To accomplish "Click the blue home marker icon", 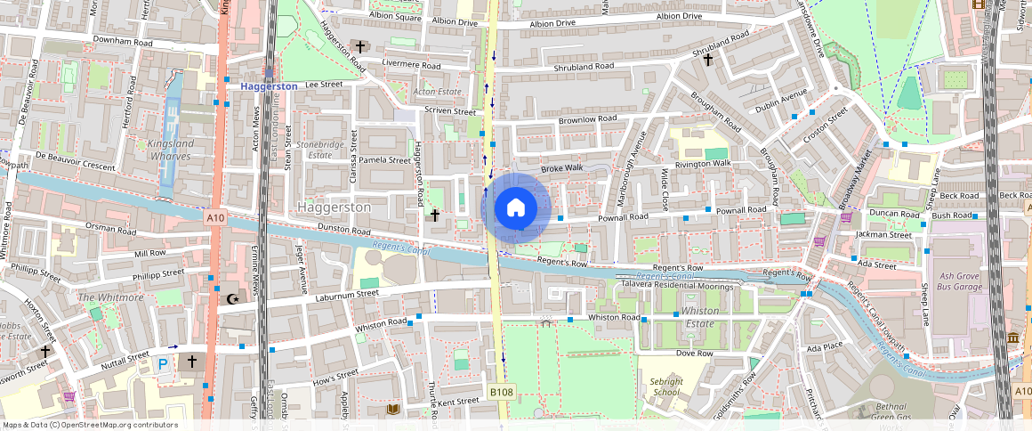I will tap(515, 208).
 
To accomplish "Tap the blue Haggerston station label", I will tap(269, 85).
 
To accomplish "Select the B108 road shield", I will tap(501, 392).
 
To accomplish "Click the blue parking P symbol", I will tap(163, 363).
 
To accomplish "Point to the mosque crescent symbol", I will tap(233, 299).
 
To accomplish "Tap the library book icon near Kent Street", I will tap(394, 409).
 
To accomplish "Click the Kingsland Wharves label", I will tap(170, 149).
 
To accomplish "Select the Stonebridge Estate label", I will tap(319, 149).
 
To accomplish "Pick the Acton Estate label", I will tap(436, 92).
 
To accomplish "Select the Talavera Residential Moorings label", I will tap(676, 286).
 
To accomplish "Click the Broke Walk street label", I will tap(561, 167).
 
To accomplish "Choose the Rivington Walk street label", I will tap(702, 163).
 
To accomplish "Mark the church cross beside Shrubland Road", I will tap(708, 61).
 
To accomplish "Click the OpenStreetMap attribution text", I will tap(90, 425).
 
